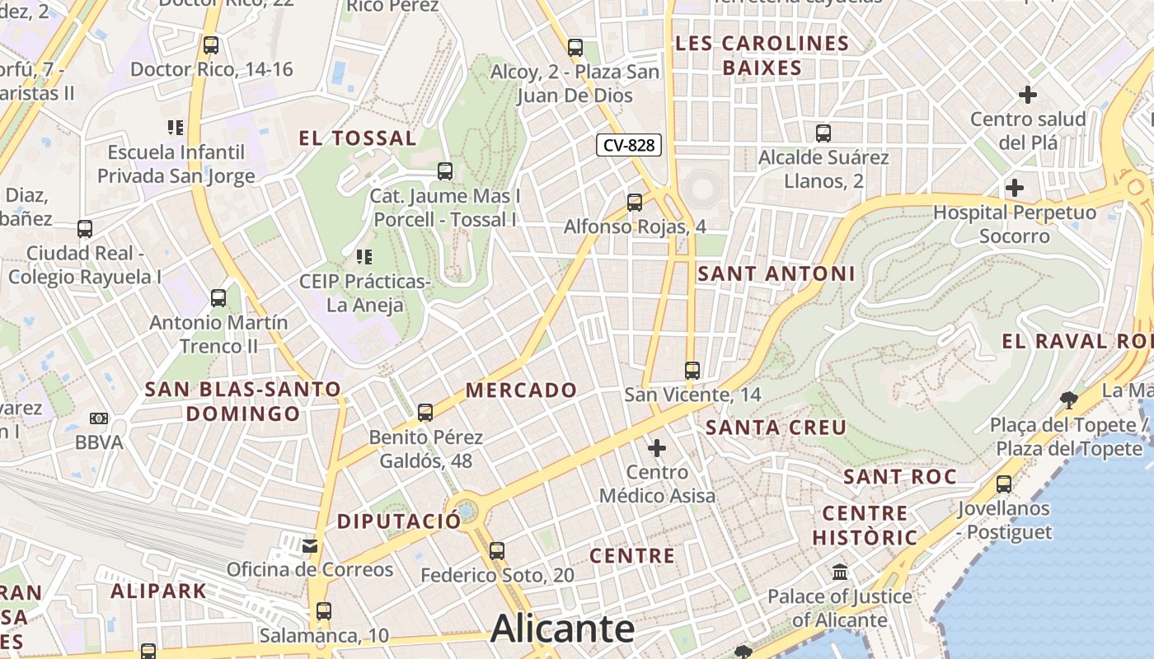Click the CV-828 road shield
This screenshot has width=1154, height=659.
pyautogui.click(x=629, y=146)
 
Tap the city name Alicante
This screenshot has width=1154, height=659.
pyautogui.click(x=562, y=629)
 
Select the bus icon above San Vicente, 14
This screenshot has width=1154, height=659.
pyautogui.click(x=692, y=371)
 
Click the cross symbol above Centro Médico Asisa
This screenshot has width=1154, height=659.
pyautogui.click(x=657, y=448)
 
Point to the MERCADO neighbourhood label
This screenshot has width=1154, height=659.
pyautogui.click(x=521, y=390)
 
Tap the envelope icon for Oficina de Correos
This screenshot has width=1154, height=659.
pyautogui.click(x=310, y=545)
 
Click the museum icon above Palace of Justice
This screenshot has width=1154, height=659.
pyautogui.click(x=840, y=572)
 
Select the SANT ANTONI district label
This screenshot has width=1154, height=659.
pyautogui.click(x=776, y=274)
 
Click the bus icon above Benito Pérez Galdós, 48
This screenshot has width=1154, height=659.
pyautogui.click(x=425, y=412)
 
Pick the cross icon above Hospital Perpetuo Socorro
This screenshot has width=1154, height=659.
pyautogui.click(x=1015, y=188)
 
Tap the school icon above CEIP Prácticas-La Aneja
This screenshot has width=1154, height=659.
pyautogui.click(x=364, y=257)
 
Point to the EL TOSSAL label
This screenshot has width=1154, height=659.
pyautogui.click(x=357, y=138)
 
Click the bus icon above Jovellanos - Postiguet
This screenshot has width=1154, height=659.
pyautogui.click(x=1004, y=484)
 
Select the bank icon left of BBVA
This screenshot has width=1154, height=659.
pyautogui.click(x=98, y=418)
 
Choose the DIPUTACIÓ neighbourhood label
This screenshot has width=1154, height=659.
pyautogui.click(x=399, y=521)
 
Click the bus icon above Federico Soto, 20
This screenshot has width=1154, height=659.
pyautogui.click(x=496, y=550)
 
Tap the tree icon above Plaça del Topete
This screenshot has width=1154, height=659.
pyautogui.click(x=1070, y=400)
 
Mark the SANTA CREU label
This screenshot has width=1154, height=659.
pyautogui.click(x=776, y=428)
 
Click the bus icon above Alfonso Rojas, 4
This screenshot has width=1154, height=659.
pyautogui.click(x=635, y=202)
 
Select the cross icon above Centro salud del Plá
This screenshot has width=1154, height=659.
pyautogui.click(x=1028, y=95)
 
